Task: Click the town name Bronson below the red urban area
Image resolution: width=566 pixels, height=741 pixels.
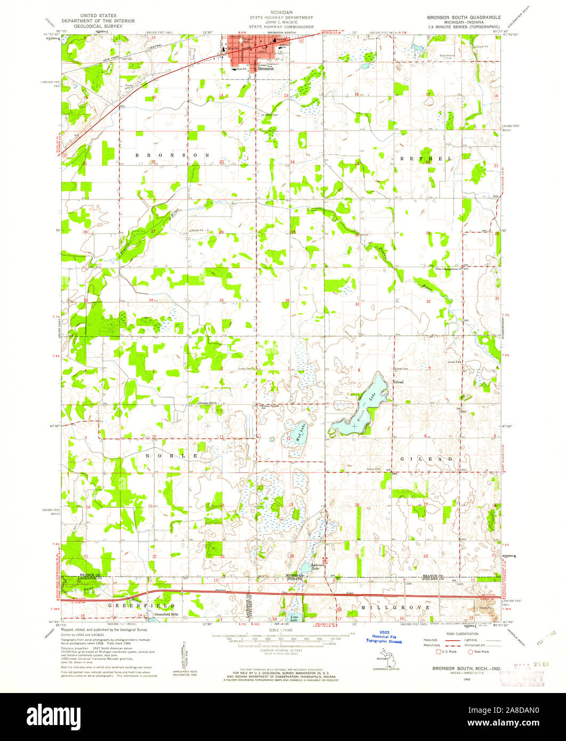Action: pyautogui.click(x=265, y=69)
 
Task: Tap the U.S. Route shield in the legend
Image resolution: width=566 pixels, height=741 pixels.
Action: pyautogui.click(x=440, y=651)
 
